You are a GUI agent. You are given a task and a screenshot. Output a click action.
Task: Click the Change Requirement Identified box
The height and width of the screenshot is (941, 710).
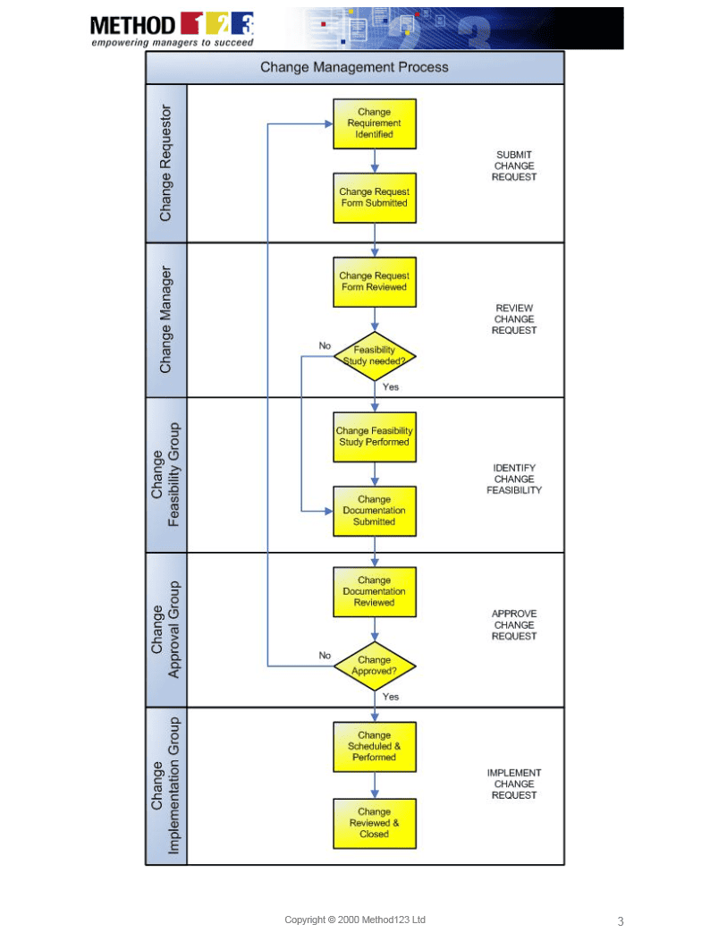pyautogui.click(x=374, y=123)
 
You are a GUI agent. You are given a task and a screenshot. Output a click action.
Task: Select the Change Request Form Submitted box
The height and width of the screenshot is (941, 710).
pyautogui.click(x=374, y=198)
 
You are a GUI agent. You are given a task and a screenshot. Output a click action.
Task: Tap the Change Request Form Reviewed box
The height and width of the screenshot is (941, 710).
pyautogui.click(x=374, y=282)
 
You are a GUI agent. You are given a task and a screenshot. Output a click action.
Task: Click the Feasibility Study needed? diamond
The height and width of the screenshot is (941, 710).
pyautogui.click(x=374, y=356)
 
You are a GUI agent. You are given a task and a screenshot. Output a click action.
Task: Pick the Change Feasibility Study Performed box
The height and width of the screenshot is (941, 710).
pyautogui.click(x=374, y=437)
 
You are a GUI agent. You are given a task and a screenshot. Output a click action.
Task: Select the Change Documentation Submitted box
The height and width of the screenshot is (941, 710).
pyautogui.click(x=374, y=511)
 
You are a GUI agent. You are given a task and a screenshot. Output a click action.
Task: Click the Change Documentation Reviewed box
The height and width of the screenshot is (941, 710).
pyautogui.click(x=374, y=591)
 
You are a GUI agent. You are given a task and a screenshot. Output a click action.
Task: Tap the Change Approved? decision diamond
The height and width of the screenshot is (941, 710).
pyautogui.click(x=374, y=665)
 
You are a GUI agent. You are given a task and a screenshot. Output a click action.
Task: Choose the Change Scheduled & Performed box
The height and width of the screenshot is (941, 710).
pyautogui.click(x=374, y=746)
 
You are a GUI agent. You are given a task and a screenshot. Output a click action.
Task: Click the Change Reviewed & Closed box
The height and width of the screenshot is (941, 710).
pyautogui.click(x=374, y=823)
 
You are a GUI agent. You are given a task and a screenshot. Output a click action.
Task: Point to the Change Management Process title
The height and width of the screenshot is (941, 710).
pyautogui.click(x=354, y=67)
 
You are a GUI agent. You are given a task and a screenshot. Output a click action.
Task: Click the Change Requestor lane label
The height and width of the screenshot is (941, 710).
pyautogui.click(x=165, y=164)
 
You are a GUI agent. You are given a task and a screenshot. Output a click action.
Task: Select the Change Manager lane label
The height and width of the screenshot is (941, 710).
pyautogui.click(x=165, y=319)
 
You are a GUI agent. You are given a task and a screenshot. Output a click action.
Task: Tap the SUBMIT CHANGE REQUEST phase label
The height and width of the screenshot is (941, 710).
pyautogui.click(x=514, y=165)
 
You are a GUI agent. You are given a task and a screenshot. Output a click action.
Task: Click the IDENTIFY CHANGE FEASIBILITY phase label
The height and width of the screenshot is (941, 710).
pyautogui.click(x=514, y=479)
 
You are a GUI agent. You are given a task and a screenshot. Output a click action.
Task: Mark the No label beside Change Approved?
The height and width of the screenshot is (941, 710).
pyautogui.click(x=325, y=656)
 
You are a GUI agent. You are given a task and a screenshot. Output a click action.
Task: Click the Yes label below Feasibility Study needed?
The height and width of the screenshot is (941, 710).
pyautogui.click(x=391, y=387)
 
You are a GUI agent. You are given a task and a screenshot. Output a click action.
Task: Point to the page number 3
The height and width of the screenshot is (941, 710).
pyautogui.click(x=621, y=921)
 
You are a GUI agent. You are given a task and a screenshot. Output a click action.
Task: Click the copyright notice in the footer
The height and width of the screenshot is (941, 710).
pyautogui.click(x=355, y=920)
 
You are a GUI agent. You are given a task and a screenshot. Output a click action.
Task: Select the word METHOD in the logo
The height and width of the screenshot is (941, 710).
pyautogui.click(x=132, y=24)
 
